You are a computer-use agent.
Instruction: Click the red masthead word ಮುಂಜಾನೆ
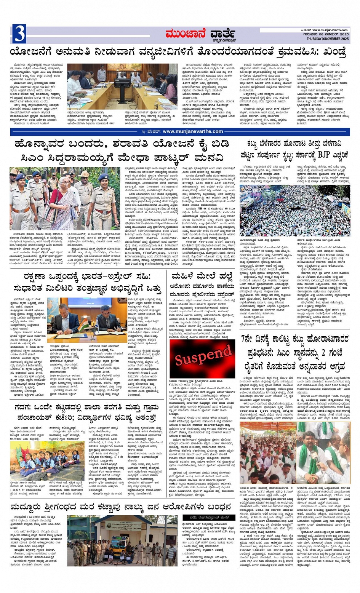[x=187, y=35]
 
